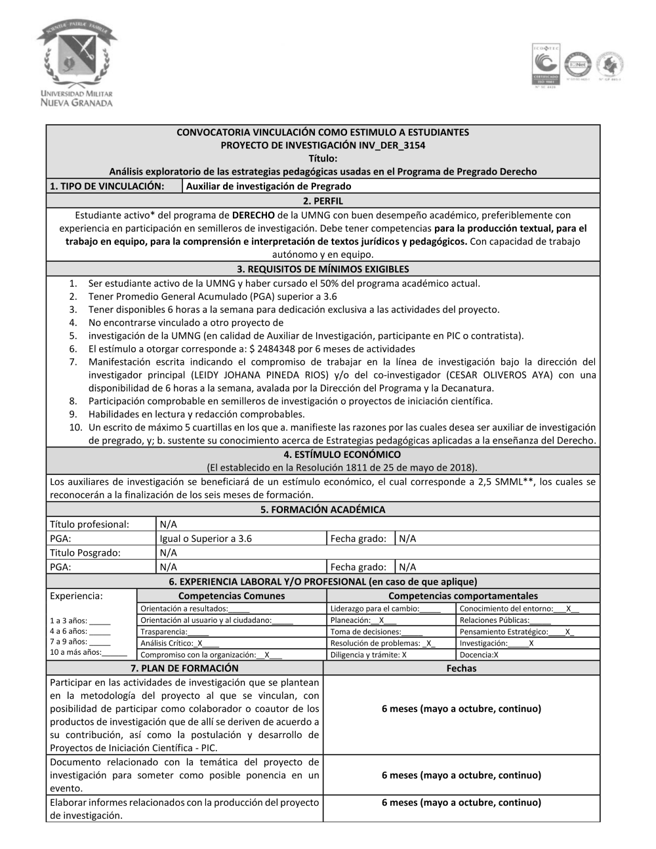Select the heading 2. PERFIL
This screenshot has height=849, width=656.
[323, 201]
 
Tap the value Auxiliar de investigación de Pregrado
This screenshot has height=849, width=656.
[268, 186]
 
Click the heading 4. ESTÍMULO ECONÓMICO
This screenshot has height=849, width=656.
[323, 454]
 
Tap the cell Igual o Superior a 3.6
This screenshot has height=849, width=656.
[205, 539]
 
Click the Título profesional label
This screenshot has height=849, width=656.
[90, 524]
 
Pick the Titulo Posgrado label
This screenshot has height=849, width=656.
[85, 552]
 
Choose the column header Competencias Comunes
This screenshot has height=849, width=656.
[232, 596]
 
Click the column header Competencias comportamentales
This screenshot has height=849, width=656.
[462, 596]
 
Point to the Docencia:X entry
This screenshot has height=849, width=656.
[479, 655]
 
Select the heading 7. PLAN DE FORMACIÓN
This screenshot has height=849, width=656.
[184, 668]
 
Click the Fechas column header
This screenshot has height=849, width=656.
[461, 668]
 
